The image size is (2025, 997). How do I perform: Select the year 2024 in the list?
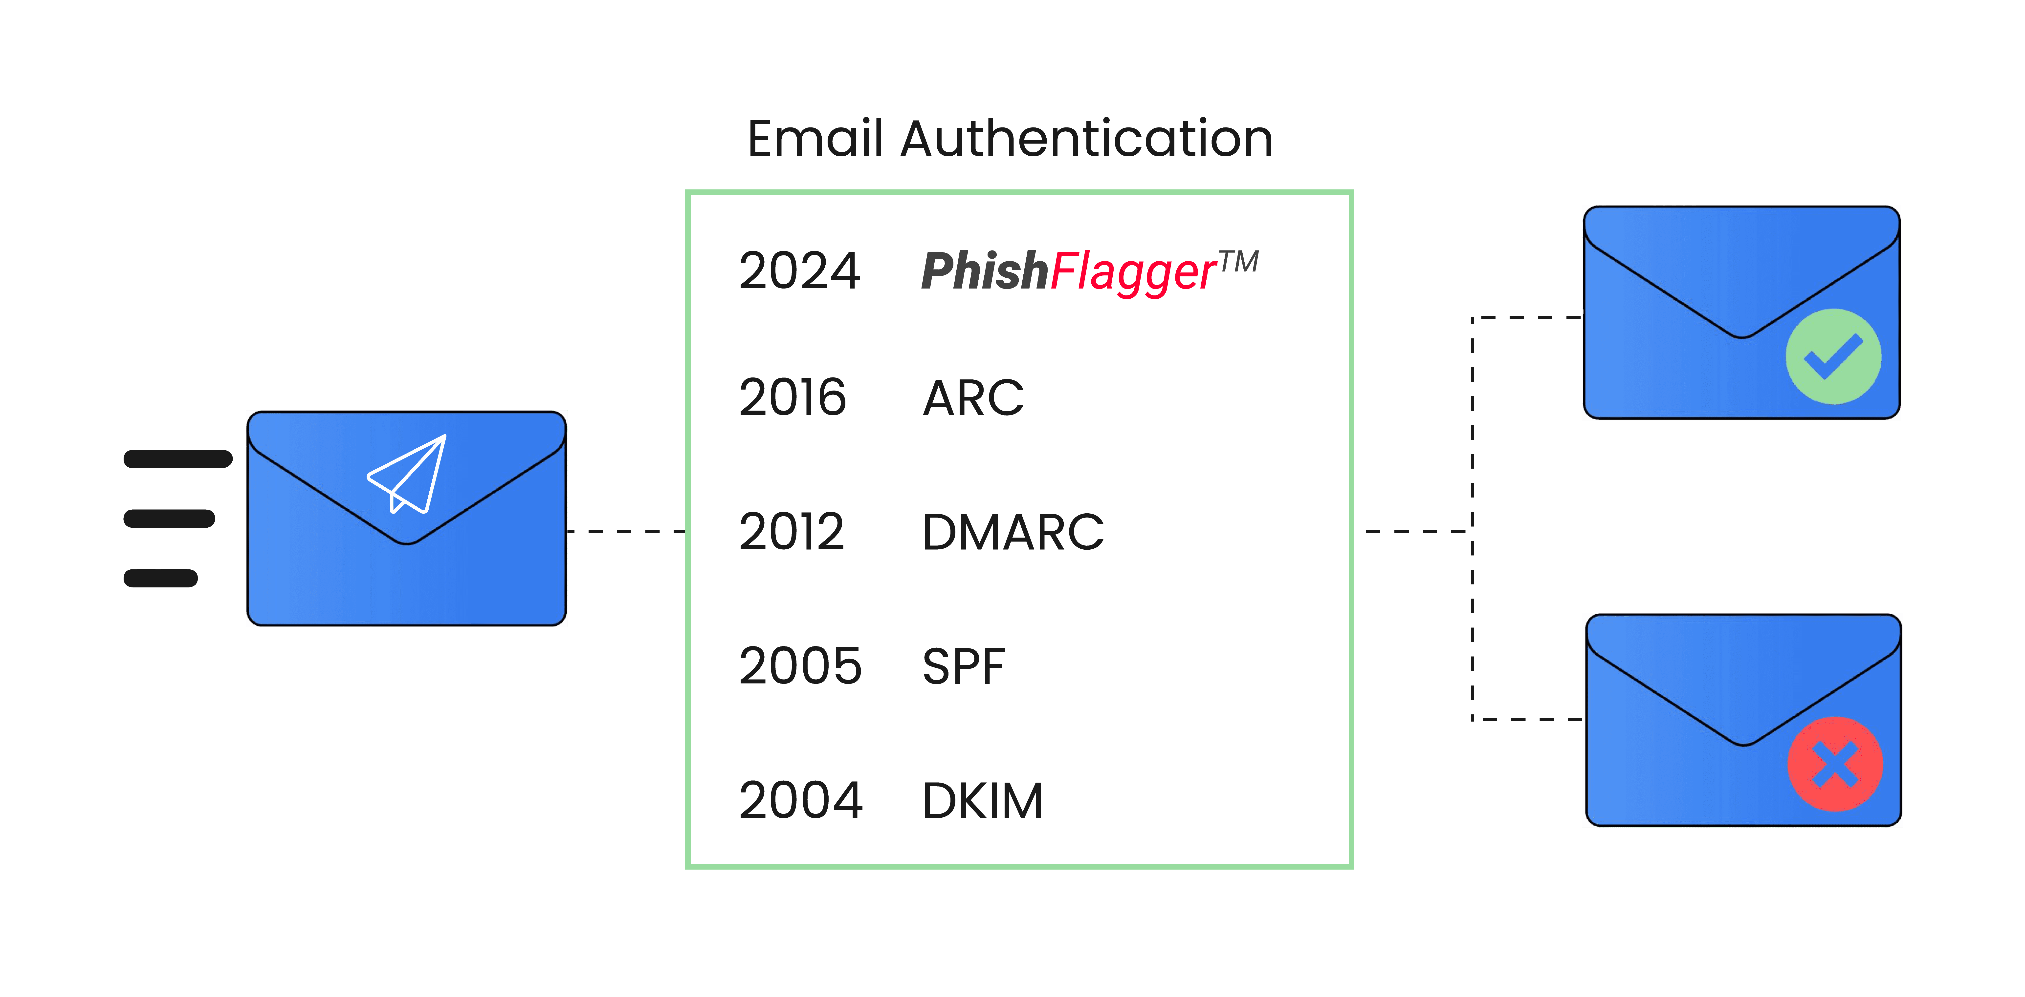coord(799,271)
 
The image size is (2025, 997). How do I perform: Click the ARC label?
coord(973,398)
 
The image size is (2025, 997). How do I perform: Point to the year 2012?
coord(792,532)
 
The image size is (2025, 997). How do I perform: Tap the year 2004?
coord(800,801)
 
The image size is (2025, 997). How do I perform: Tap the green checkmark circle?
coord(1833,357)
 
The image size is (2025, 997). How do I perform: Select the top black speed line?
coord(178,459)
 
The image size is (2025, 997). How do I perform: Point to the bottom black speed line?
coord(160,578)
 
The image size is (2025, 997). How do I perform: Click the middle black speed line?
coord(169,519)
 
